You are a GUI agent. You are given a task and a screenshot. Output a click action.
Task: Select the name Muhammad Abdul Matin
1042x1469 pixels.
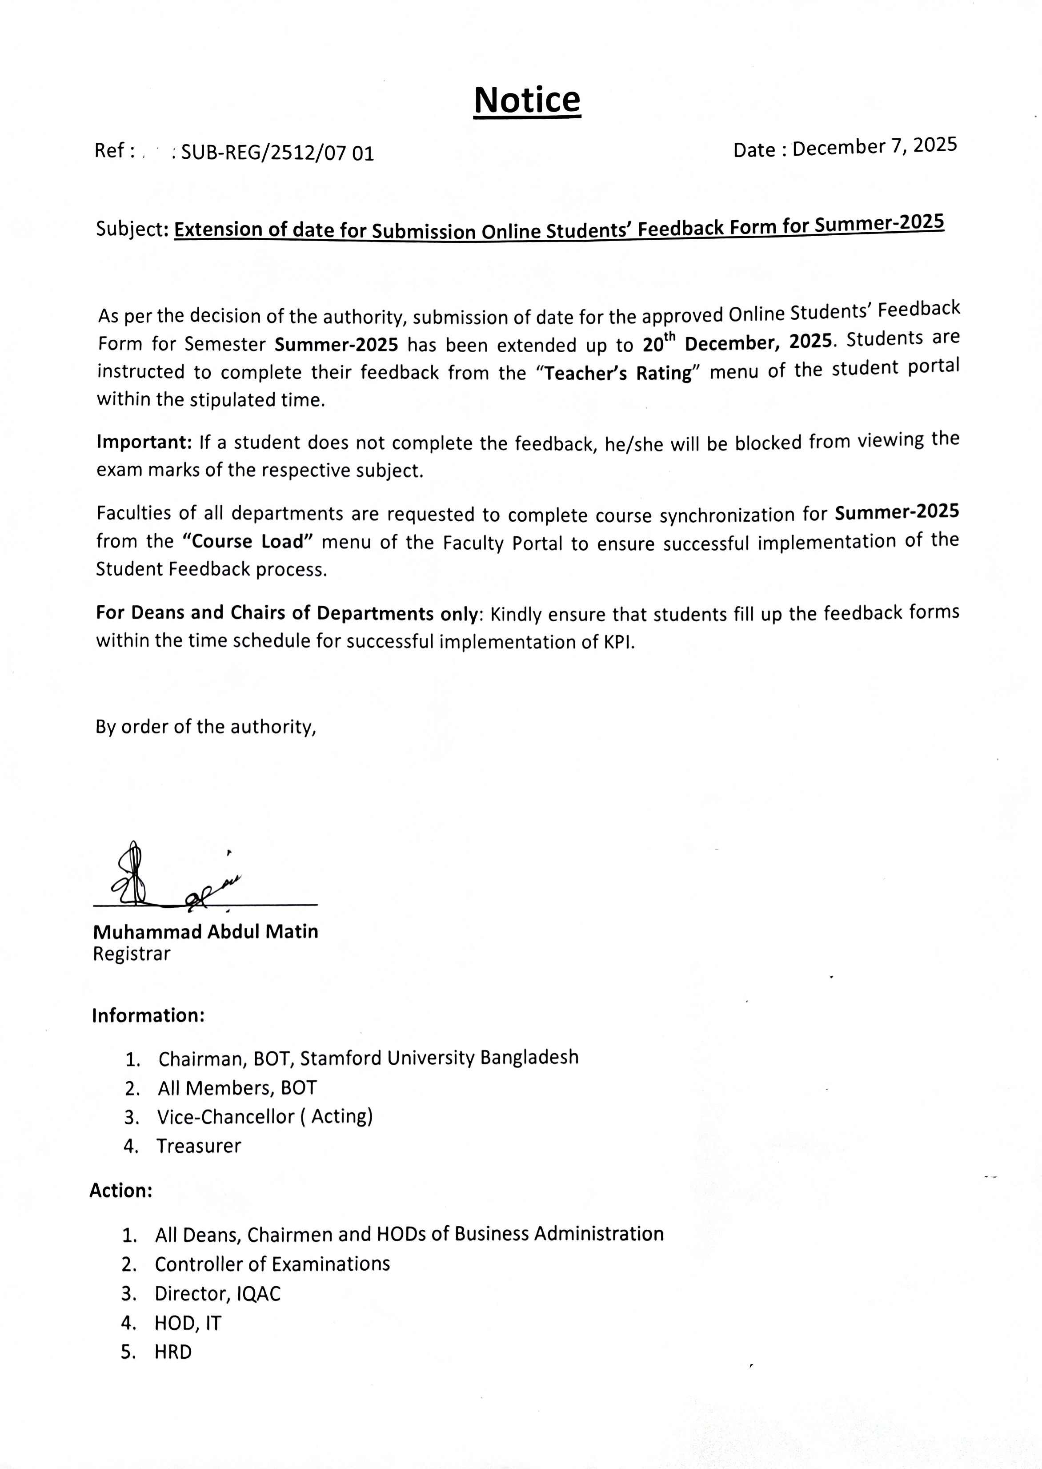click(205, 931)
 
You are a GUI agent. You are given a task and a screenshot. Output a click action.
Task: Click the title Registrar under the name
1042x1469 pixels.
click(132, 954)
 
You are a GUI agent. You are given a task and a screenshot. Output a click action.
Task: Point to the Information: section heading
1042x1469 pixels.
click(148, 1015)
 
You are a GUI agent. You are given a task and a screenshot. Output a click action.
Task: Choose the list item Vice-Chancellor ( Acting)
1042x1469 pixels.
click(265, 1117)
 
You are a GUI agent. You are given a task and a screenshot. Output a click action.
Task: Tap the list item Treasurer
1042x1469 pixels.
click(199, 1146)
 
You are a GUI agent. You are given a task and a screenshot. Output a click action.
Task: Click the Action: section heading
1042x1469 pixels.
click(120, 1191)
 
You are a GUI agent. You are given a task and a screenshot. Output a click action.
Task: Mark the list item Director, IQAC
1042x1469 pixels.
click(217, 1293)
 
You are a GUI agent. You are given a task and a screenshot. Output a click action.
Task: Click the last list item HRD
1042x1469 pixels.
click(173, 1352)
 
